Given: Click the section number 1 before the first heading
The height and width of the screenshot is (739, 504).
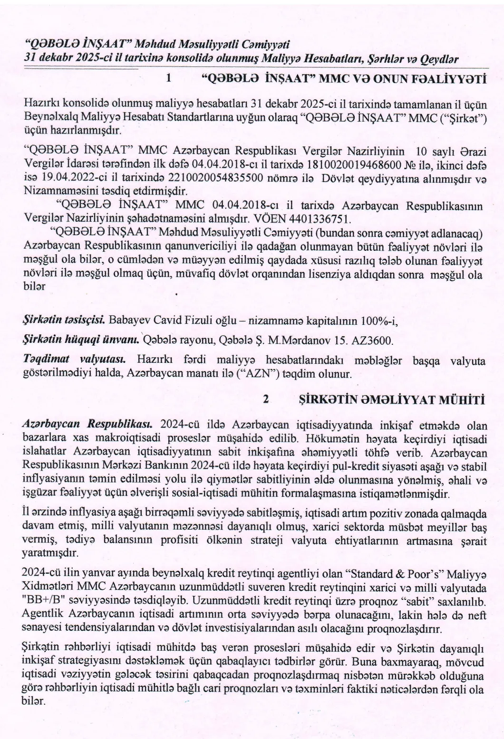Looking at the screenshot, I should (x=169, y=80).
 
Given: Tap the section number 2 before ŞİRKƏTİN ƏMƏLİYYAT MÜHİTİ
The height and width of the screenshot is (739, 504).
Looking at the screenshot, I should (x=266, y=399).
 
